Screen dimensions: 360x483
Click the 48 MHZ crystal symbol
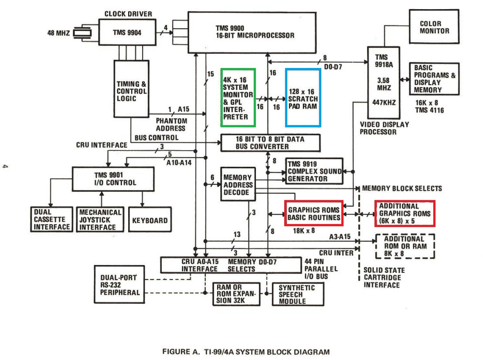80,33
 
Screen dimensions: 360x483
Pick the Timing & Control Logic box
131,91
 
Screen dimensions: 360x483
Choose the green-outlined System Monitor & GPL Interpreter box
238,97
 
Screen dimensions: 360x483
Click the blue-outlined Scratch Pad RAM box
303,97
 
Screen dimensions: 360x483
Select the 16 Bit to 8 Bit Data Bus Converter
269,143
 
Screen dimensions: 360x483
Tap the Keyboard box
150,220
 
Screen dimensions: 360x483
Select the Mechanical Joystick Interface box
100,219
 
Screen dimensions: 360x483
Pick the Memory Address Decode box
237,184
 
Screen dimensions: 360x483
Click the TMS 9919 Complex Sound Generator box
314,170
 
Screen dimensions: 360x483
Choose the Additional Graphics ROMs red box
405,213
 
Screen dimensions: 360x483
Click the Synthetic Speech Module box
296,294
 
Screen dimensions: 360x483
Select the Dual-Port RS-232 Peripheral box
118,285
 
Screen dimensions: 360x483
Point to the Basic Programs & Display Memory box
434,78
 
